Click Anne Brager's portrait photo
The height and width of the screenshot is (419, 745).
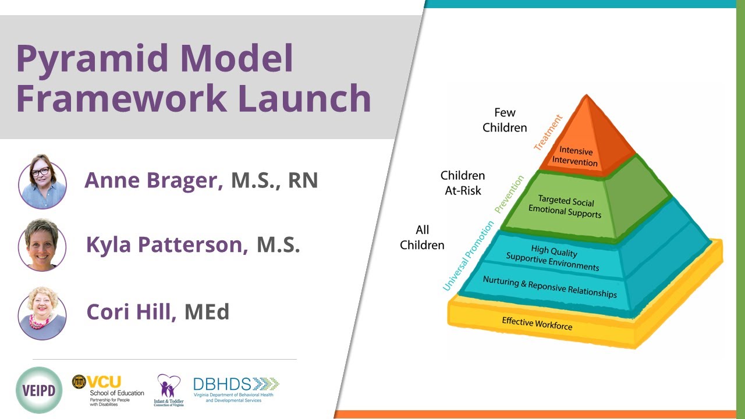pos(42,181)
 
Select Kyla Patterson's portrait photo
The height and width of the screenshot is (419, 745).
pos(42,245)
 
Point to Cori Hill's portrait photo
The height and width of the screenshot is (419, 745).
pos(42,313)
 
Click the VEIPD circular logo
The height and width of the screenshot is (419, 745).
pos(39,390)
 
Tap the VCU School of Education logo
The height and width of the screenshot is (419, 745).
pos(108,390)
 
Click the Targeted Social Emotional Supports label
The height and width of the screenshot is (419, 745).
pos(565,207)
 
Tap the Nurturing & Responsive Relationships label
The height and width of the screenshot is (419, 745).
pos(549,286)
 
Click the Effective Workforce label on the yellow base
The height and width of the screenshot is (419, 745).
pos(537,324)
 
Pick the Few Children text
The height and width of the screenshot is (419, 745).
pos(505,120)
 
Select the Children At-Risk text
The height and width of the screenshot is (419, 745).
pos(463,183)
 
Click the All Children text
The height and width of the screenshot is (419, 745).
pos(422,237)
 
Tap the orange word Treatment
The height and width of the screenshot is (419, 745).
pos(548,133)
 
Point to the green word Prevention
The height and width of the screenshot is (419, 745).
pos(509,194)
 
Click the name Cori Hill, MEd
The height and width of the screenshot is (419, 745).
pos(158,313)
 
